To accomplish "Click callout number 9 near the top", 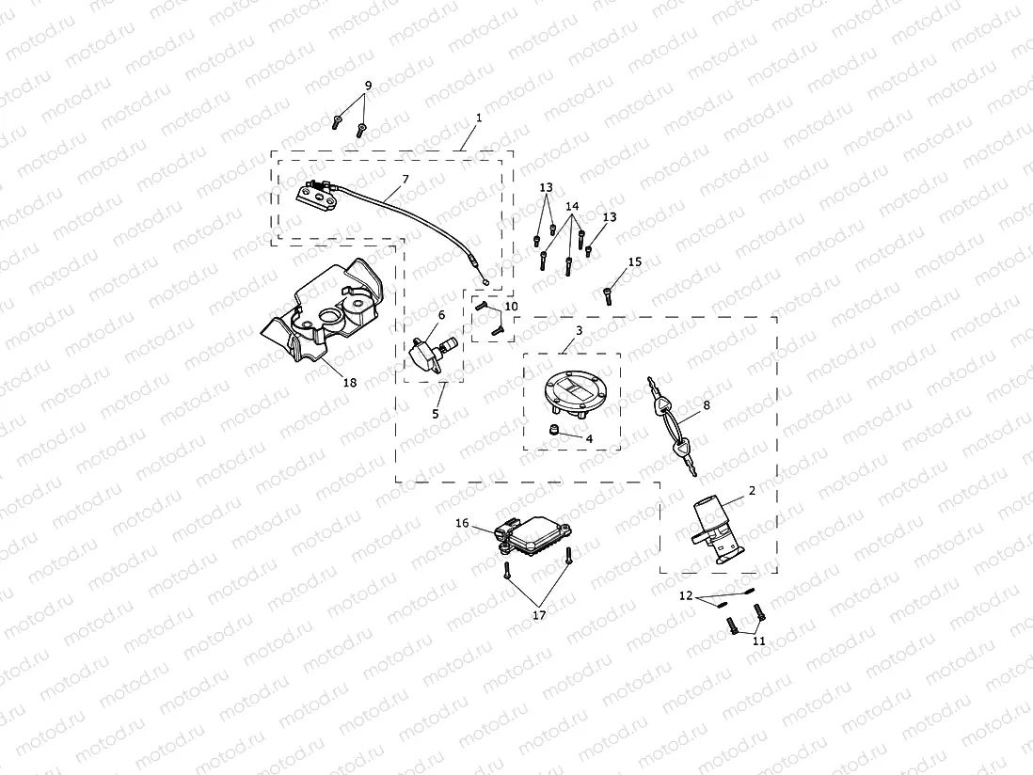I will click(x=368, y=86).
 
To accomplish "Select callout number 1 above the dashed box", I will click(x=479, y=119).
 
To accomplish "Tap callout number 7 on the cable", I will click(x=405, y=179).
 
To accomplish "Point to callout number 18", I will click(x=350, y=383).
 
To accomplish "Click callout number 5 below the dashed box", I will click(x=437, y=413).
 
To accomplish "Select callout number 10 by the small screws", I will click(x=511, y=307).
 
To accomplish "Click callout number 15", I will click(x=635, y=262).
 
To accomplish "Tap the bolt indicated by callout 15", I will click(x=608, y=296).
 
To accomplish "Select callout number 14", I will click(x=572, y=206).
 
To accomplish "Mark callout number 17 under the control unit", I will click(x=539, y=615).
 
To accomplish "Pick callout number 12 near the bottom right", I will click(x=686, y=596).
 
